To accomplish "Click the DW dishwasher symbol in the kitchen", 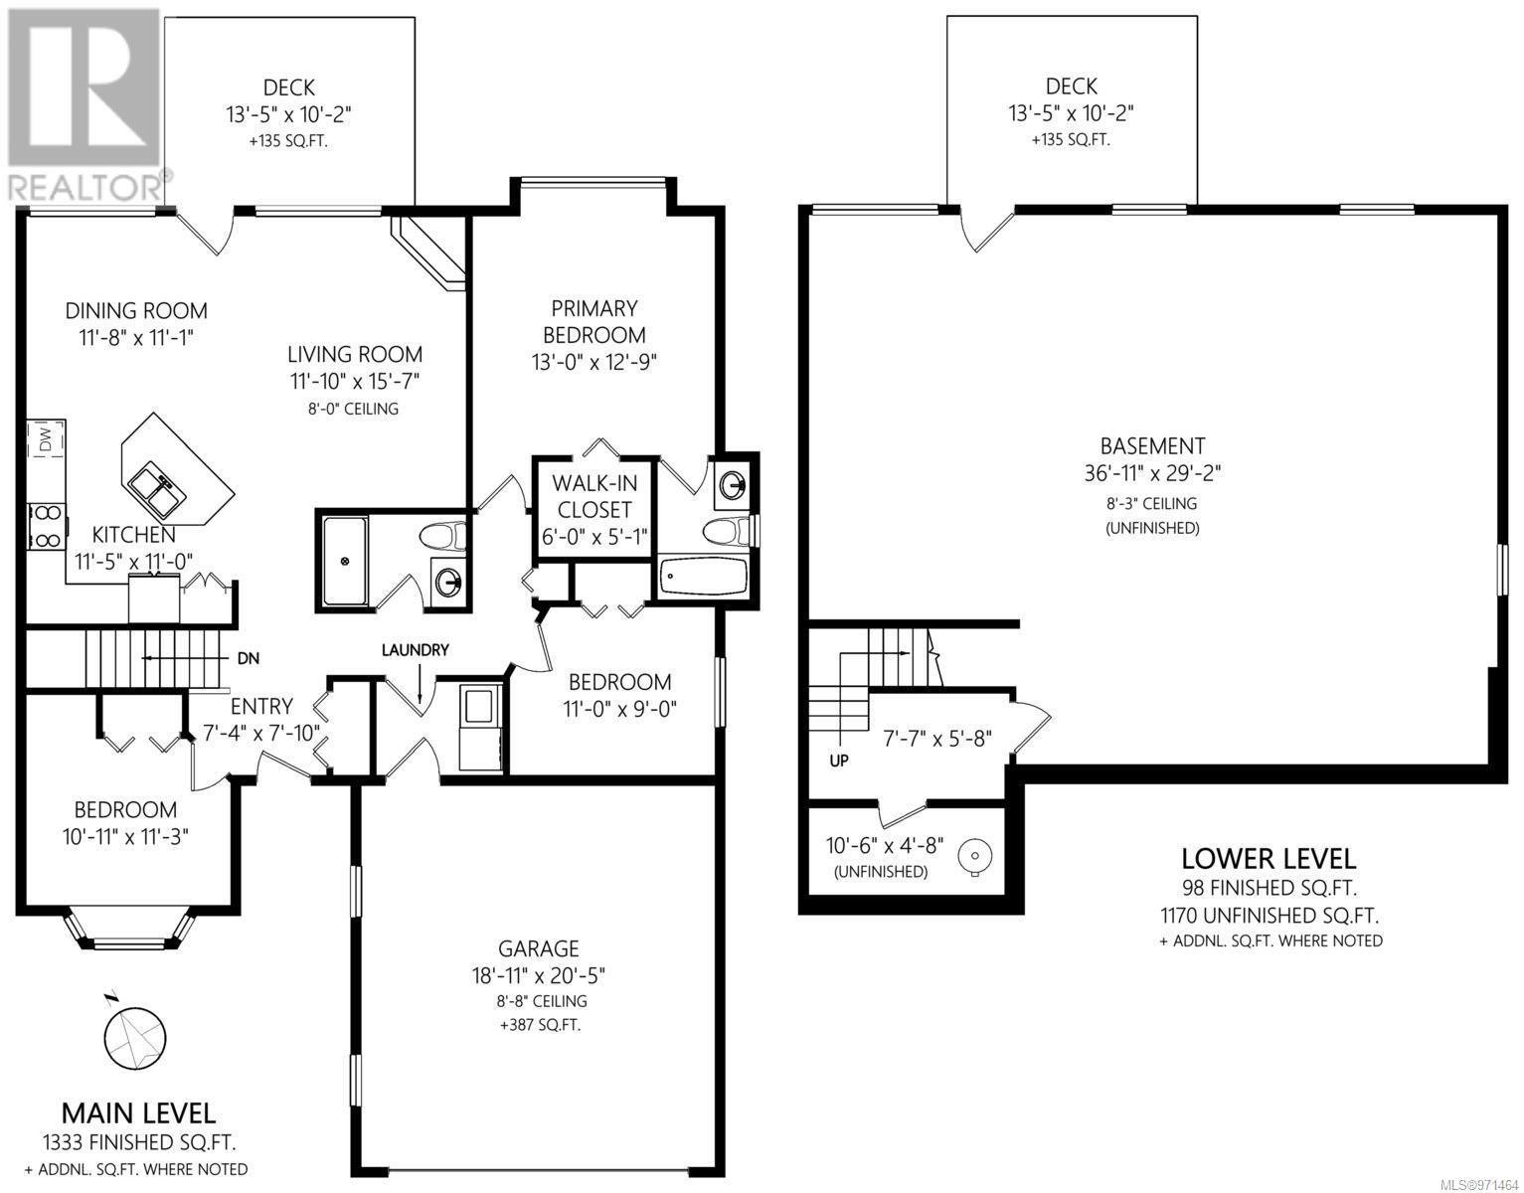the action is tap(47, 439).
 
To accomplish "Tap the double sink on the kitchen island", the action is tap(156, 489).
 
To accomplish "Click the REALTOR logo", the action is tap(85, 104).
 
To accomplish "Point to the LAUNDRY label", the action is tap(416, 650).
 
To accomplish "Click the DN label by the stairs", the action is tap(249, 658).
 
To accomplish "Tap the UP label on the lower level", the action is tap(839, 761).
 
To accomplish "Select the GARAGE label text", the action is tap(539, 948).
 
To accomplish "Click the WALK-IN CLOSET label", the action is tap(594, 496).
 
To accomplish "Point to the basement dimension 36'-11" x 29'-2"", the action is tap(1152, 472).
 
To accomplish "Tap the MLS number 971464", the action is tap(1482, 1185).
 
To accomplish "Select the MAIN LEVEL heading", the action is tap(138, 1113).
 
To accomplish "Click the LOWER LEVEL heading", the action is tap(1269, 858).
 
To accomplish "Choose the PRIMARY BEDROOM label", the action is tap(594, 321).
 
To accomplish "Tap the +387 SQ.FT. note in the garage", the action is tap(540, 1025).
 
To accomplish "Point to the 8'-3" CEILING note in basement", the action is tap(1152, 503).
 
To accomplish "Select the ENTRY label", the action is tap(261, 706).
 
